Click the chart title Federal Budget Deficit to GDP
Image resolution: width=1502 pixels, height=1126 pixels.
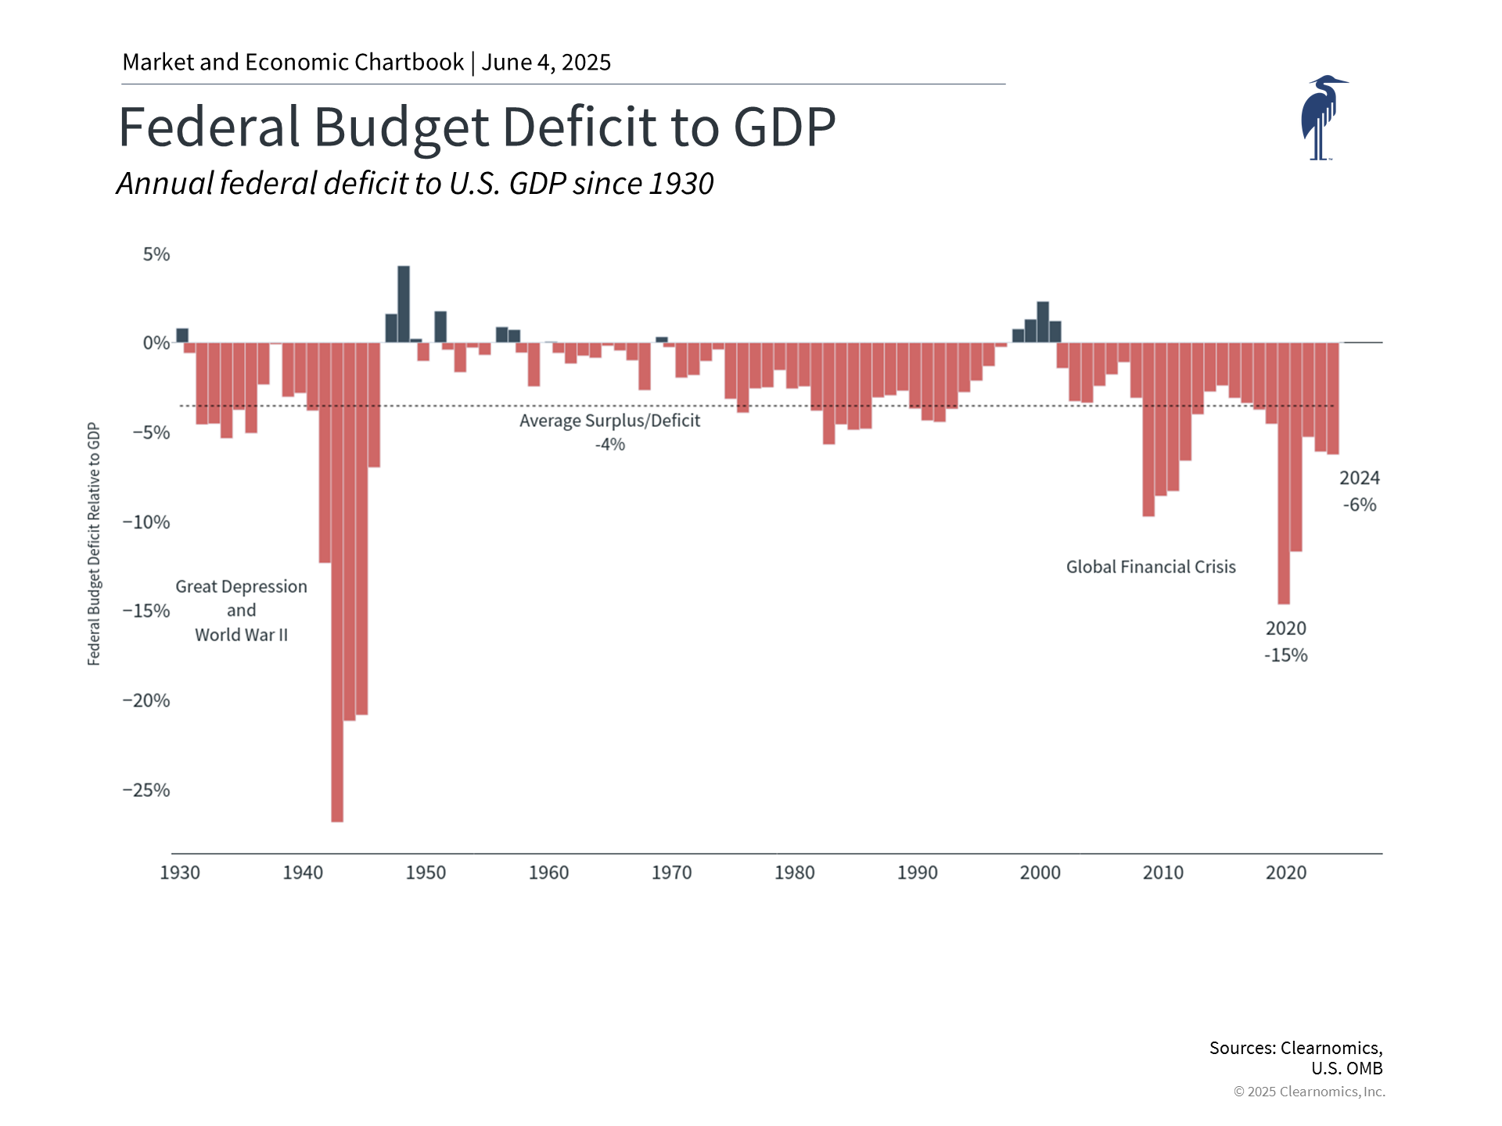pos(476,127)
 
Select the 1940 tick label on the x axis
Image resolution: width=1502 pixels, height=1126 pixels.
pos(303,873)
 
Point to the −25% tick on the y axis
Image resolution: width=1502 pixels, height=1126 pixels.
pos(146,790)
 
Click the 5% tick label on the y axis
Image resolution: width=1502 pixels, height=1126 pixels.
pos(156,254)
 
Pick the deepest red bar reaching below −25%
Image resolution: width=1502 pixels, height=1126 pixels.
pos(337,586)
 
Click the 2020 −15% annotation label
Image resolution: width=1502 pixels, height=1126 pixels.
pos(1286,642)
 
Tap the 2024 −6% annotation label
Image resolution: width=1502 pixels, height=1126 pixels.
pos(1359,491)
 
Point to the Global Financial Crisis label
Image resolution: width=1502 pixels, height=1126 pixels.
pos(1151,567)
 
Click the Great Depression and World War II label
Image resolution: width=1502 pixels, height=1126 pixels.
pos(241,611)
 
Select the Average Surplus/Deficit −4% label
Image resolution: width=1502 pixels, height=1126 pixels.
pos(609,432)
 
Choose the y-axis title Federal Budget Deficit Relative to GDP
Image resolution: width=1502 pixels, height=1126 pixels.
pos(94,543)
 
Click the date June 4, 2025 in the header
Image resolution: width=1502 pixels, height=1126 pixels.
pos(546,63)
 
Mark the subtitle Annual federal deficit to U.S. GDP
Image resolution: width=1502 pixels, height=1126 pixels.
pos(415,184)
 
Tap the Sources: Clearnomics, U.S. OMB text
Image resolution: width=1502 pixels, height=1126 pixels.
pos(1296,1057)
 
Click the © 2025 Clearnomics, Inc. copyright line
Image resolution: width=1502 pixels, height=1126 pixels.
pos(1309,1092)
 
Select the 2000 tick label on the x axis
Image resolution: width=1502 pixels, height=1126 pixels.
pos(1040,873)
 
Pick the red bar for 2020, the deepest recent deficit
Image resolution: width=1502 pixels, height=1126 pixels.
pos(1284,473)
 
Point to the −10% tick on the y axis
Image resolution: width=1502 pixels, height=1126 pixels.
pos(146,522)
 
